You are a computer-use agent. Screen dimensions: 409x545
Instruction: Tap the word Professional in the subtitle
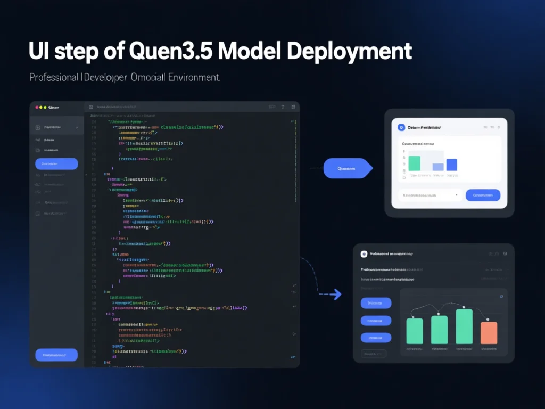pos(53,77)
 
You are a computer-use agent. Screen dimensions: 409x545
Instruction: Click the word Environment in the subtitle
pos(193,77)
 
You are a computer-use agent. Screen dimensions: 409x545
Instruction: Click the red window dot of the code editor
pos(37,107)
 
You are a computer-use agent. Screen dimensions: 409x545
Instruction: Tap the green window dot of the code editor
pos(45,107)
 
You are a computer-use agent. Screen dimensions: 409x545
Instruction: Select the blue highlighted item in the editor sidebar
pos(56,164)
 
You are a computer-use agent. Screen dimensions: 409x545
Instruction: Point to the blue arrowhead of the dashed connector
pos(337,294)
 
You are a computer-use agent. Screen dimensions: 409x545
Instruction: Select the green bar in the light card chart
pos(414,163)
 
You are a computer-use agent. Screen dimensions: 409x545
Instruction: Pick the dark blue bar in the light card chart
pos(452,165)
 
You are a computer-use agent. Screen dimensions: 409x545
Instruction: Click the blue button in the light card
pos(483,195)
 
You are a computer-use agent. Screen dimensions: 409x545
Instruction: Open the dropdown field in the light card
pos(430,195)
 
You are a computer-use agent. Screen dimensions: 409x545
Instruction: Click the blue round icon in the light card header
pos(401,128)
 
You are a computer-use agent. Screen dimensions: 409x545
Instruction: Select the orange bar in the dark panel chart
pos(489,333)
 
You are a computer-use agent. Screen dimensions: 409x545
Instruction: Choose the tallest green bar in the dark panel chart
pos(464,326)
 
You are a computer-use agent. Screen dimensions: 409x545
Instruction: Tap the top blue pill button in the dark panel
pos(376,303)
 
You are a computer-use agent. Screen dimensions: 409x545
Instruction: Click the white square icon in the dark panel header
pos(364,255)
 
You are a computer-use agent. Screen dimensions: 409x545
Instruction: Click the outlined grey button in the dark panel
pos(374,353)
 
